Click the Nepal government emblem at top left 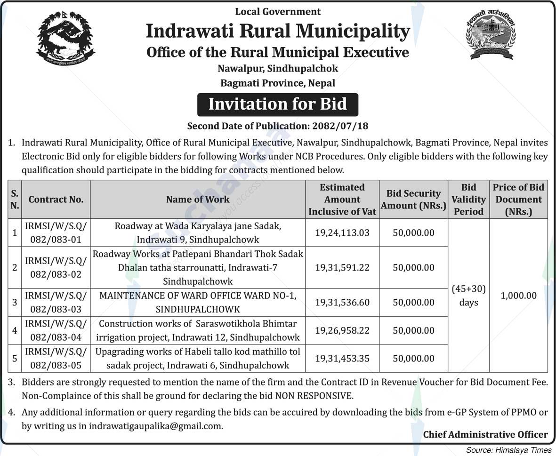click(66, 39)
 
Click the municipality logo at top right click(491, 35)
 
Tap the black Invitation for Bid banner click(278, 104)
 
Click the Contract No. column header click(56, 199)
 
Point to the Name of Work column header click(198, 199)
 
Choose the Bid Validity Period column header click(468, 199)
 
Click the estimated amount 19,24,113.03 click(342, 232)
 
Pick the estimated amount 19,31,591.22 click(342, 267)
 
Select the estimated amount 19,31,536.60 click(342, 302)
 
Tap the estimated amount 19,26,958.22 click(342, 330)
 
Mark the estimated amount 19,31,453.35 click(342, 358)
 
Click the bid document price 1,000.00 click(518, 296)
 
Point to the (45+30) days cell click(468, 295)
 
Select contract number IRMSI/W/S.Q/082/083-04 click(56, 330)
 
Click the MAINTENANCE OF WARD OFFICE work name click(198, 302)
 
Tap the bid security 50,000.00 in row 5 click(413, 358)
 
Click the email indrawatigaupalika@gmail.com click(155, 426)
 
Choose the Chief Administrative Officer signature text click(485, 434)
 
